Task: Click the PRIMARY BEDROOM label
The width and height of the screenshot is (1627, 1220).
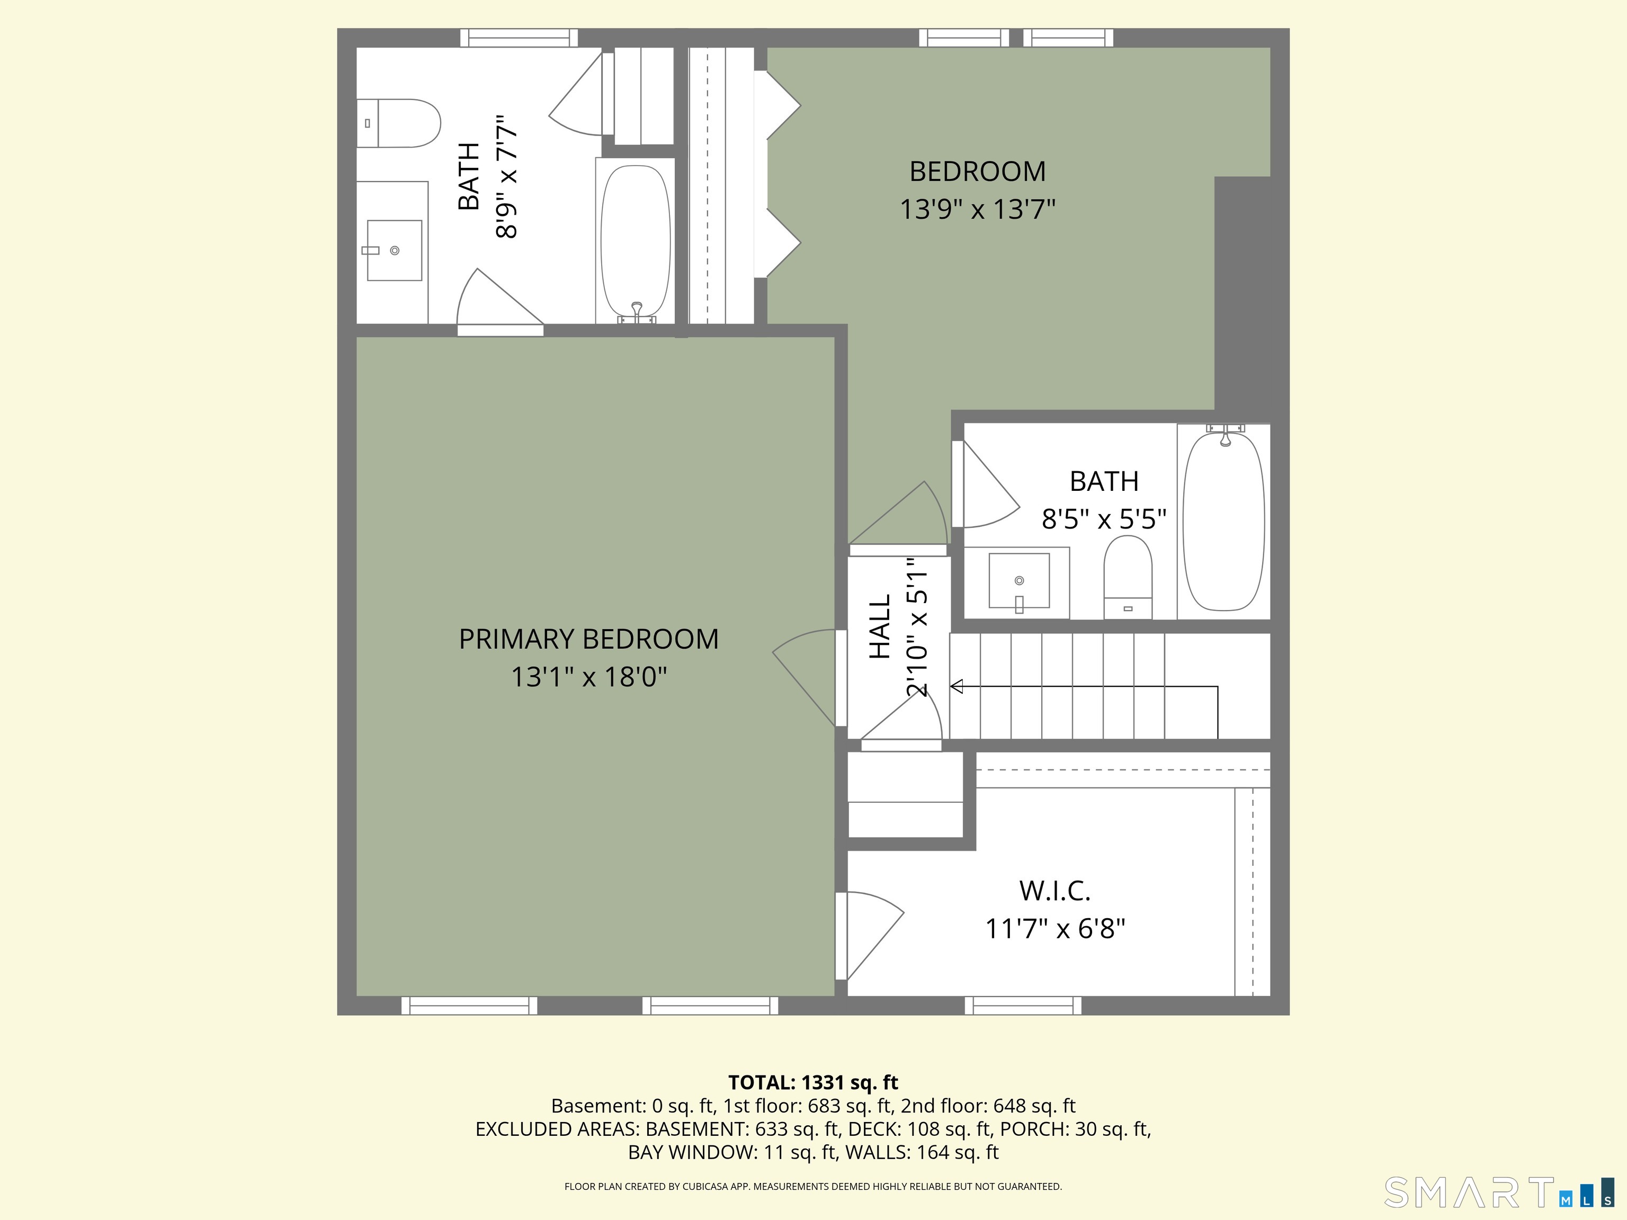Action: [x=588, y=639]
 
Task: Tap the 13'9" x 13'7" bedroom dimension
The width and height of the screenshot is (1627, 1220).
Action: [x=978, y=210]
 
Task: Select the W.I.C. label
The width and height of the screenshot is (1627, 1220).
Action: [x=1055, y=891]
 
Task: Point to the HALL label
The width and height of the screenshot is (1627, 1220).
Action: [x=880, y=626]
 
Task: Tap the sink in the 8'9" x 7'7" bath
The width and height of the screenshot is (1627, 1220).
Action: [x=394, y=250]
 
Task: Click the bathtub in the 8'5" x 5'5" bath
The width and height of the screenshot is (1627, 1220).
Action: [x=1224, y=520]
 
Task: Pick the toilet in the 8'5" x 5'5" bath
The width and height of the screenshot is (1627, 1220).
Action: [x=1128, y=577]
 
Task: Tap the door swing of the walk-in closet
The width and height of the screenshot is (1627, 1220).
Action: [x=870, y=936]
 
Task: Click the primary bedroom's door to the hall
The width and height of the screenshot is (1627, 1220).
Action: [x=806, y=677]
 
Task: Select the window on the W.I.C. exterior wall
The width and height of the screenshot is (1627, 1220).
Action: [x=1023, y=1005]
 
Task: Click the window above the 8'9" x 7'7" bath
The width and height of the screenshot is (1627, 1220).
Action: [x=519, y=38]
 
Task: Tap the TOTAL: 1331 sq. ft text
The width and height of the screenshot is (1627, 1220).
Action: [x=813, y=1082]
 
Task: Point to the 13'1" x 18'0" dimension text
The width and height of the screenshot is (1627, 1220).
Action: [x=588, y=677]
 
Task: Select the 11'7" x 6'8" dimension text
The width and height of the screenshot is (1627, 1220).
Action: [x=1055, y=929]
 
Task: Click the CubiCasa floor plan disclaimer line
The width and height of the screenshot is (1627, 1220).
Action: [x=813, y=1186]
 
